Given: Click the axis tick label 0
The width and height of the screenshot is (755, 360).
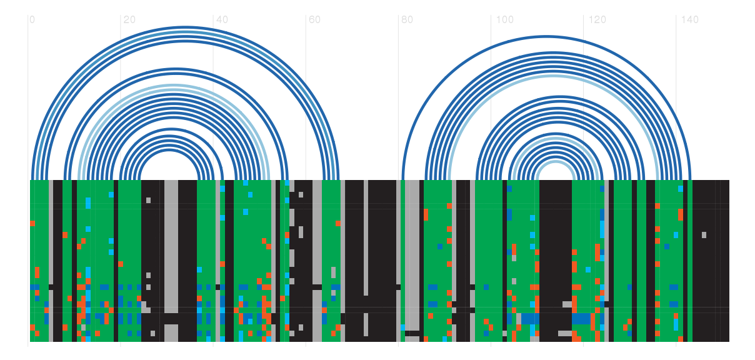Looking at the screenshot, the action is pyautogui.click(x=32, y=20).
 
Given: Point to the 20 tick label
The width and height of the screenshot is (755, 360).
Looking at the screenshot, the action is pyautogui.click(x=129, y=20).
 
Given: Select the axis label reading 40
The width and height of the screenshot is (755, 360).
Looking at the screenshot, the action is pyautogui.click(x=222, y=20).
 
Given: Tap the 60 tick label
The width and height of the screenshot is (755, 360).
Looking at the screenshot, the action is pyautogui.click(x=314, y=20).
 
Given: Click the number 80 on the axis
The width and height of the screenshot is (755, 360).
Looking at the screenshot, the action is pyautogui.click(x=407, y=20).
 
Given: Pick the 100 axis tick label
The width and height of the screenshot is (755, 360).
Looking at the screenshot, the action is pyautogui.click(x=504, y=20).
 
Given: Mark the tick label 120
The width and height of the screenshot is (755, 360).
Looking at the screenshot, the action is pyautogui.click(x=597, y=20).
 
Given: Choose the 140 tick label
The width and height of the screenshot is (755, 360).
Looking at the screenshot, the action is pyautogui.click(x=689, y=20).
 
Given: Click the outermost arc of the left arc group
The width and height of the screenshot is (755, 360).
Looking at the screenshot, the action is pyautogui.click(x=186, y=27).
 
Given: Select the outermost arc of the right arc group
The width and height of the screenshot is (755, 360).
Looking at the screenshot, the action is pyautogui.click(x=546, y=36).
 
